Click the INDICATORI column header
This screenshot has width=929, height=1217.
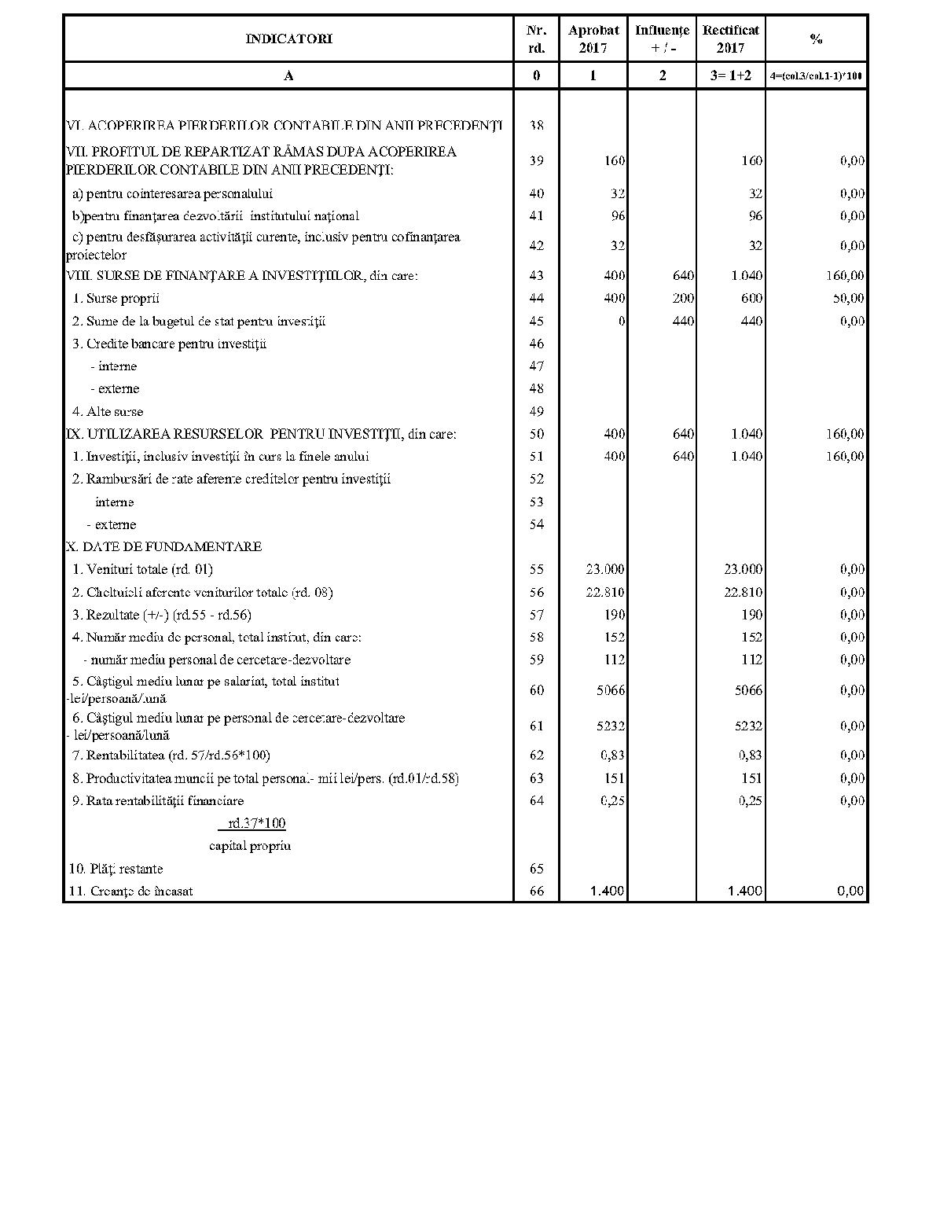tap(288, 39)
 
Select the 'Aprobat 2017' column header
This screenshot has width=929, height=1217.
tap(593, 39)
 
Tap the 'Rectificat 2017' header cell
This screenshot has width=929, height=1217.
tap(731, 39)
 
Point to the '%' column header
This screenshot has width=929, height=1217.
tap(817, 39)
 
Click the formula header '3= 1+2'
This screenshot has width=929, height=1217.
tap(731, 75)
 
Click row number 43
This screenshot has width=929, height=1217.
tap(537, 275)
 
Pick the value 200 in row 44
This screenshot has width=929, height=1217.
tap(683, 298)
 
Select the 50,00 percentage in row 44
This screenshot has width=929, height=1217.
tap(846, 298)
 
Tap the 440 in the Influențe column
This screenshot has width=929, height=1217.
tap(683, 321)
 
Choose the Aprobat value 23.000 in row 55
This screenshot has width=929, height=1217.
tap(605, 569)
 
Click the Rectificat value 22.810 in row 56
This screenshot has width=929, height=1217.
tap(743, 592)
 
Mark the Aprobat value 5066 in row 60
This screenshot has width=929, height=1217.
tap(610, 690)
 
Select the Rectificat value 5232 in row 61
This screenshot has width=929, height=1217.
tap(747, 726)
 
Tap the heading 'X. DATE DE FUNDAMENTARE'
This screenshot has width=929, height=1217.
tap(164, 546)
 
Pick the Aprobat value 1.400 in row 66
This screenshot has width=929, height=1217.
tap(608, 891)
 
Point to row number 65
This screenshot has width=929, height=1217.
tap(537, 869)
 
